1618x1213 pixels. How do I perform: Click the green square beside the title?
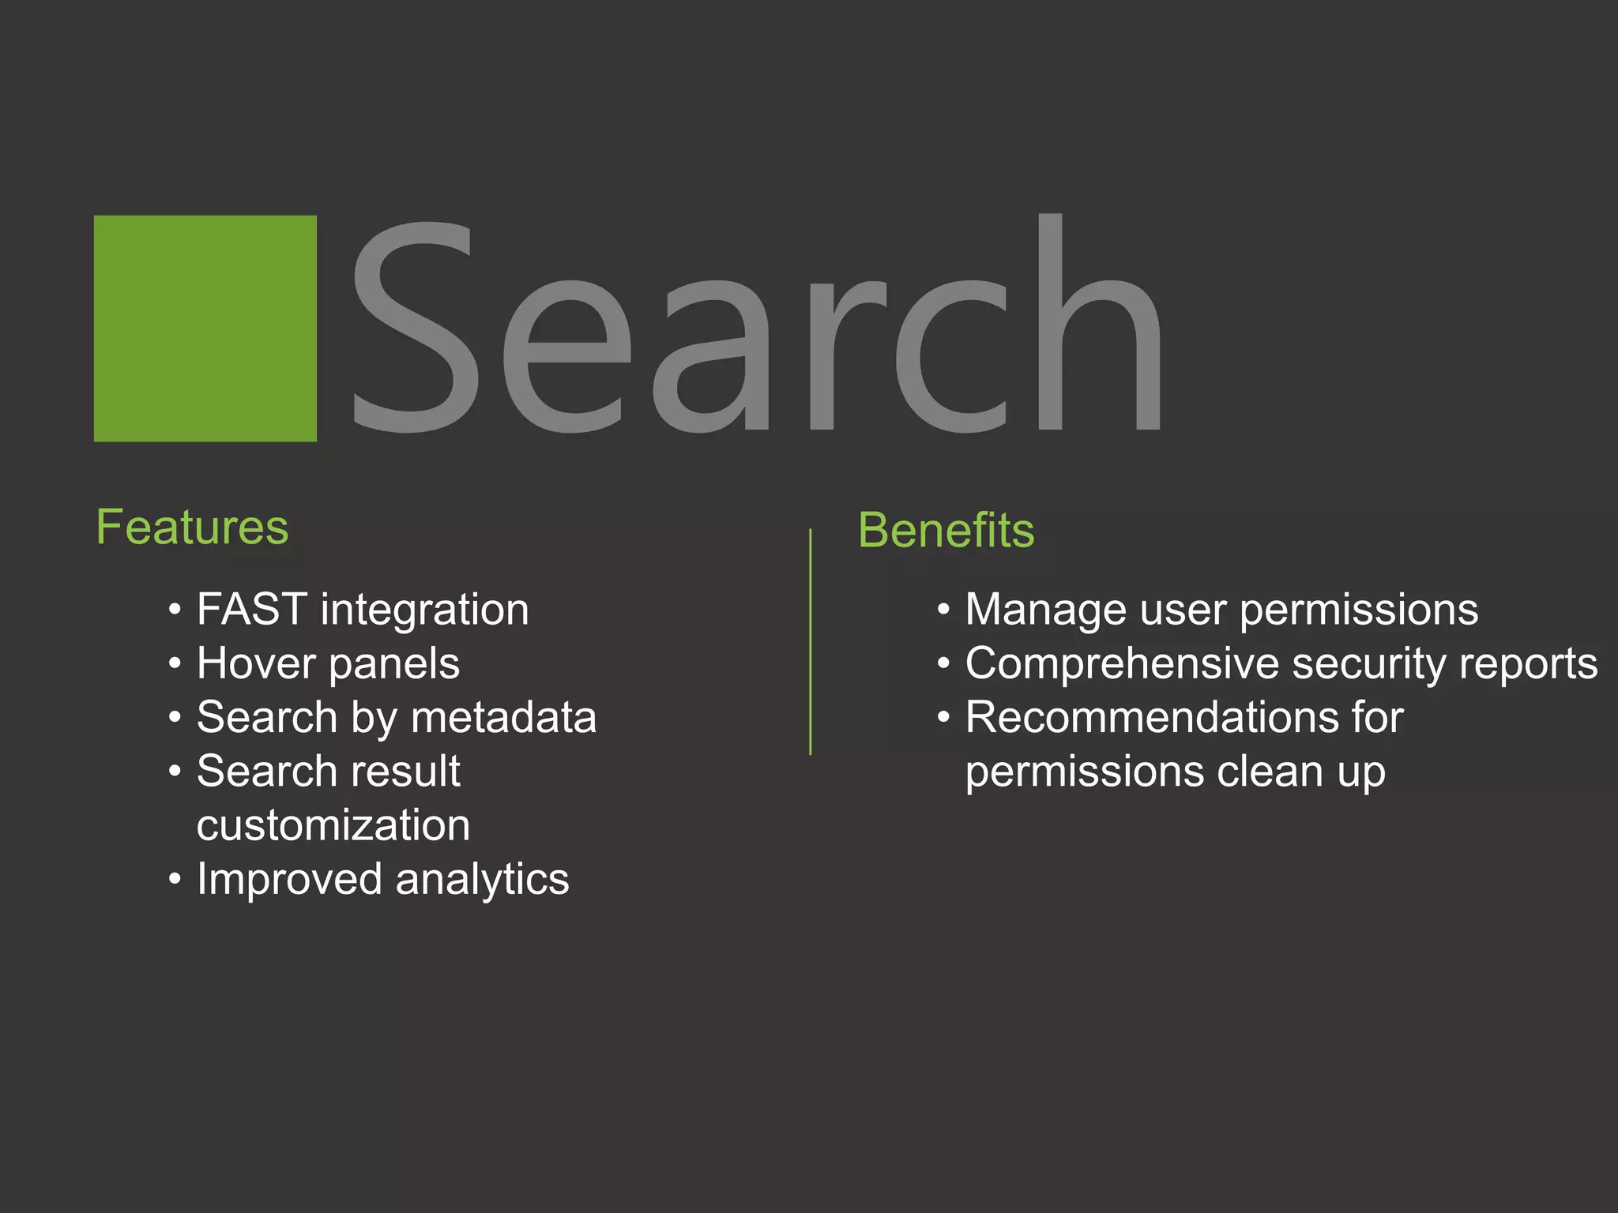click(x=205, y=329)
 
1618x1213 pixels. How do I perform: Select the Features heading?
click(x=192, y=528)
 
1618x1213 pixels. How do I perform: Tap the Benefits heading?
click(x=946, y=530)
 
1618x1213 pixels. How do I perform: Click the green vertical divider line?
click(x=811, y=641)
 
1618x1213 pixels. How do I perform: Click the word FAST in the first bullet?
click(x=252, y=610)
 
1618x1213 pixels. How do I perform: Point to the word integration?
click(x=425, y=610)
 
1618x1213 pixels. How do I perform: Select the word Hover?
click(x=255, y=663)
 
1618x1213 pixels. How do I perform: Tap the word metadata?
click(x=504, y=717)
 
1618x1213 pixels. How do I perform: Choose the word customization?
click(x=333, y=825)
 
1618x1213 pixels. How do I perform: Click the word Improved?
click(x=289, y=880)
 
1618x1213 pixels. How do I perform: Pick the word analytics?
click(x=482, y=880)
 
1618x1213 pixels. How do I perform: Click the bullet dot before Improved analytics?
click(x=175, y=879)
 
